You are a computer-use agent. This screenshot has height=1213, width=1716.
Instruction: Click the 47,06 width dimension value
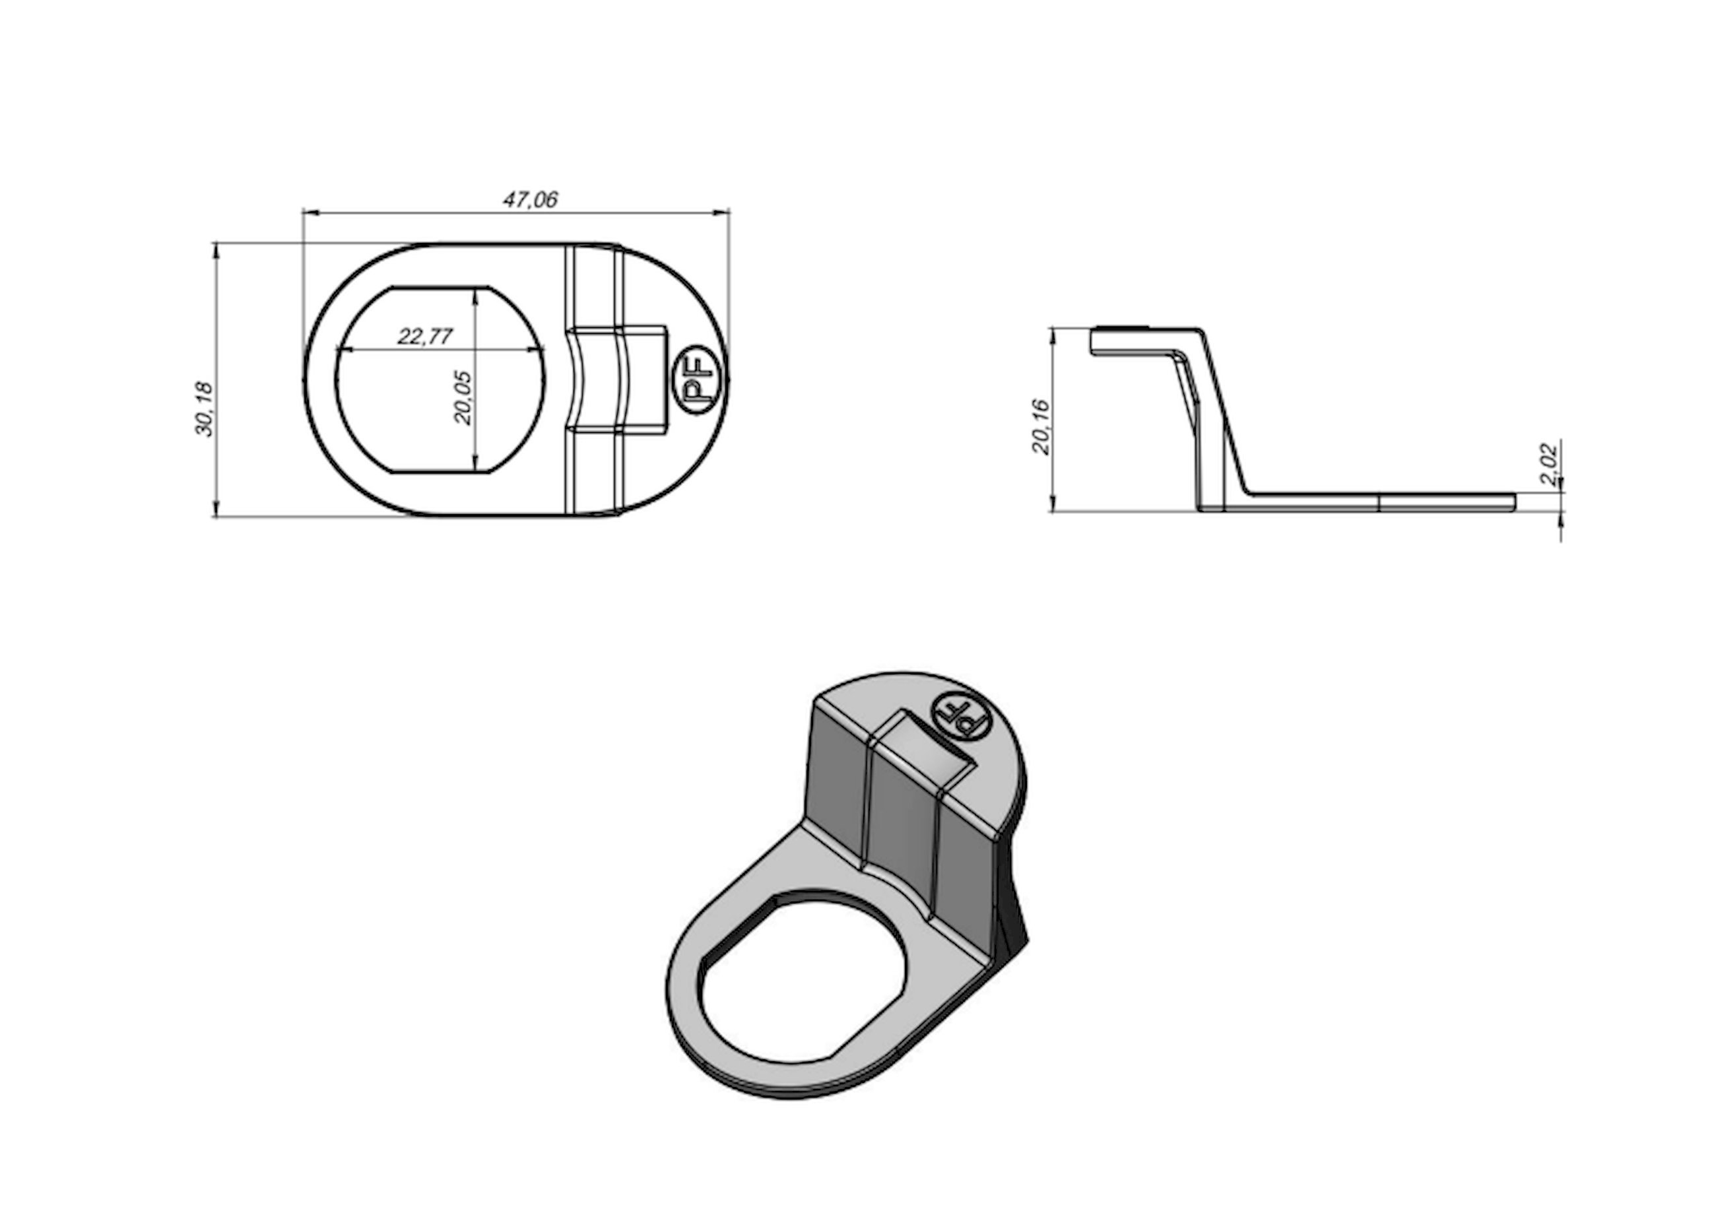point(530,199)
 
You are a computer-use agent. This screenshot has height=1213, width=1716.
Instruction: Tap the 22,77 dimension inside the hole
point(424,337)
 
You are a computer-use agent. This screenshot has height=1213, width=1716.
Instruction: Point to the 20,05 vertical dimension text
point(463,397)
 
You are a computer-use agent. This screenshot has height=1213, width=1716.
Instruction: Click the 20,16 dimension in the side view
point(1041,427)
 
